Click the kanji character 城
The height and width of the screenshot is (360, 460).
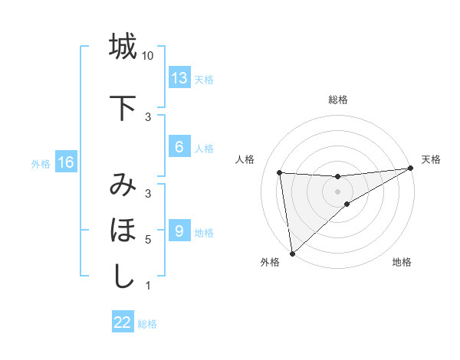coord(123,47)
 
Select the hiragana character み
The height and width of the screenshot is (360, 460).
coord(123,186)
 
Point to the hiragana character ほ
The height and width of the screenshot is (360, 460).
coord(123,231)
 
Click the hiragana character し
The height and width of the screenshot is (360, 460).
coord(123,277)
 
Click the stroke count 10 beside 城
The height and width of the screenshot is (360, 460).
coord(148,56)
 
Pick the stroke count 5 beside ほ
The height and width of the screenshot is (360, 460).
coord(148,240)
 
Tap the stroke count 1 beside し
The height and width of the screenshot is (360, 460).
coord(148,286)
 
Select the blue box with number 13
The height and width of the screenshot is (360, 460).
coord(179,78)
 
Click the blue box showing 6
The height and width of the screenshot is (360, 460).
coord(179,147)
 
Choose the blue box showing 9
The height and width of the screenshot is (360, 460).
coord(179,231)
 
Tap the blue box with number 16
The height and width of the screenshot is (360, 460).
coord(65,162)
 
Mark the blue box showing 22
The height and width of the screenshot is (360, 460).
coord(123,322)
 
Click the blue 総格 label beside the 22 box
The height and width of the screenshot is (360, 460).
coord(147,324)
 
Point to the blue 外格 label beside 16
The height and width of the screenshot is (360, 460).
coord(41,163)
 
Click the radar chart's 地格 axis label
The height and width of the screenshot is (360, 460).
coord(402,262)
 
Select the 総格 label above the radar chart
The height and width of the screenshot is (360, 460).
coord(338,100)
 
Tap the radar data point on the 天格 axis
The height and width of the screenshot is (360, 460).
coord(411,169)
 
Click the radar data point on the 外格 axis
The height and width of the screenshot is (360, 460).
coord(292,253)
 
